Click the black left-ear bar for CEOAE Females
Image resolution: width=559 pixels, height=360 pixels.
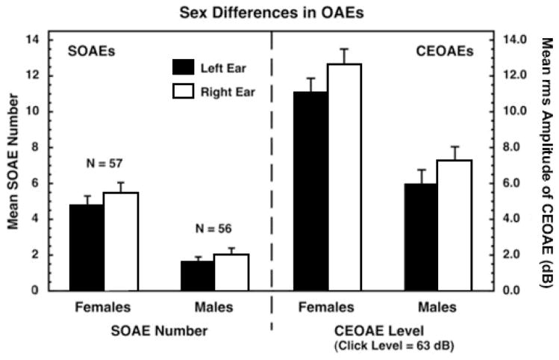310,190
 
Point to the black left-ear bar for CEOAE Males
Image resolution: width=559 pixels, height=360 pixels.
421,237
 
